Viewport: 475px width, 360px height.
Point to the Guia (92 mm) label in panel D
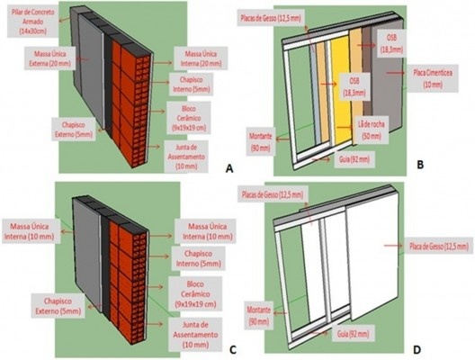tap(336, 332)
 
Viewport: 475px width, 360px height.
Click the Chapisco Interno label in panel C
tap(192, 258)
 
